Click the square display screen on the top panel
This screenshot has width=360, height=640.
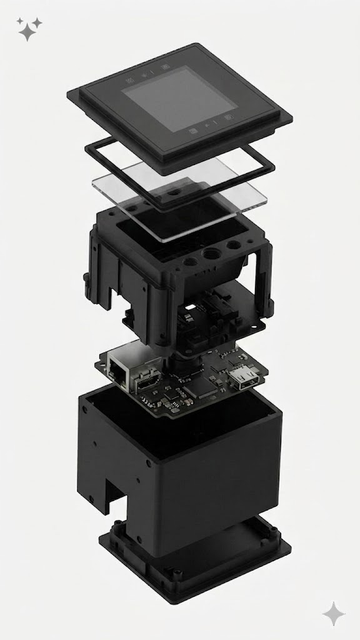(x=167, y=99)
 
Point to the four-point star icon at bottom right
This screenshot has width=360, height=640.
(x=333, y=613)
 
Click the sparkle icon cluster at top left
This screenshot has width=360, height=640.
(x=29, y=29)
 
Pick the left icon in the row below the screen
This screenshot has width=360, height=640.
(x=193, y=131)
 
